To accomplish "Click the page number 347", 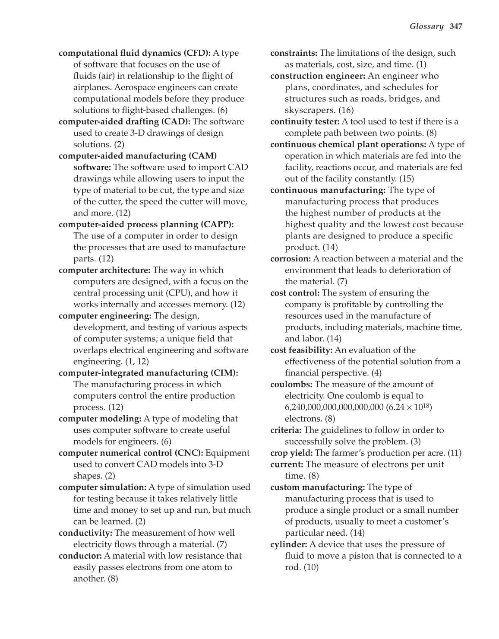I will (456, 27).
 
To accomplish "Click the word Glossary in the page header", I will (426, 27).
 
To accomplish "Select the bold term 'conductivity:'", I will (85, 533).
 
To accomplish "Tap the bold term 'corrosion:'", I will (291, 258).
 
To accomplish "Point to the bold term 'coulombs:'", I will (291, 384).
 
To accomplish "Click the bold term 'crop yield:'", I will (292, 453).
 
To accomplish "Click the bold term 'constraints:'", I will (294, 53).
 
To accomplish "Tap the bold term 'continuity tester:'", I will (305, 121).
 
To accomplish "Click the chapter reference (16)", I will (346, 110).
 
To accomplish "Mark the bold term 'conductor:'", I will (80, 556).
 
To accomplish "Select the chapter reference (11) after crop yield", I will (454, 453).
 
